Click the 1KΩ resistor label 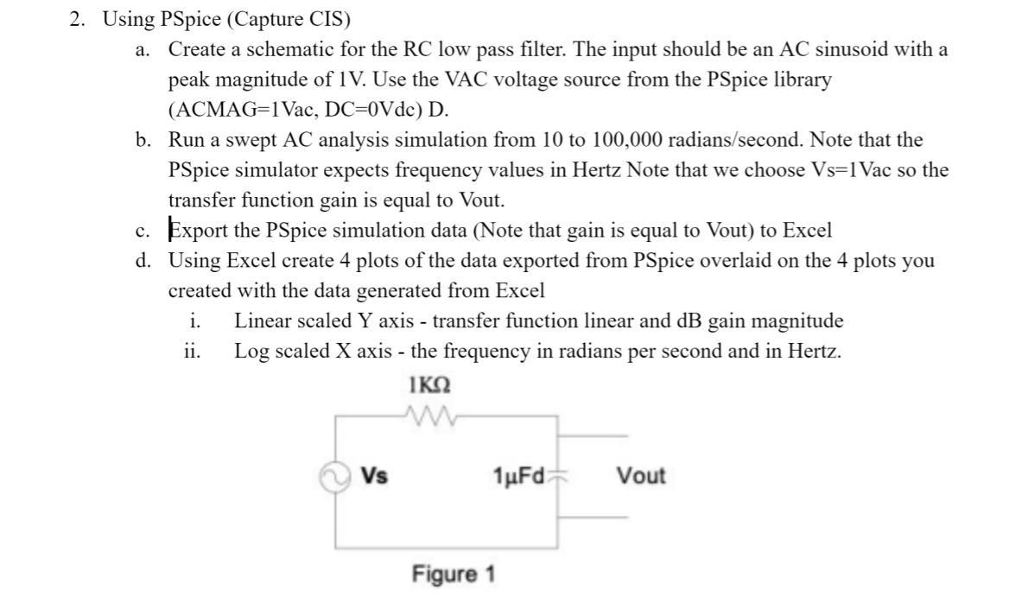[428, 383]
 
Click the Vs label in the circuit [374, 476]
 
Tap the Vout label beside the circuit [641, 476]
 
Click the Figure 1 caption [453, 574]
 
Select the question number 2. [76, 19]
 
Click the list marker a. [143, 50]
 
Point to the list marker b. [143, 140]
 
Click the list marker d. [143, 261]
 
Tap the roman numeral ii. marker [193, 352]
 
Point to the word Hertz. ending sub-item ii [812, 352]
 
